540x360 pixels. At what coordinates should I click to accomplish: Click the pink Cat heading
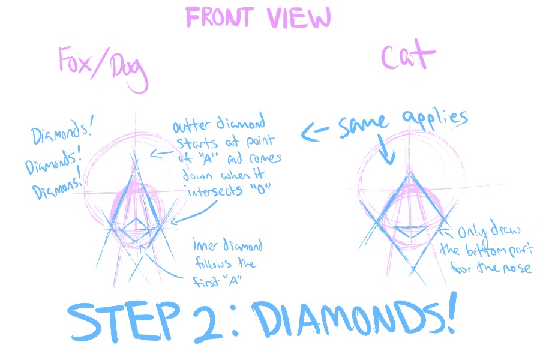coord(408,58)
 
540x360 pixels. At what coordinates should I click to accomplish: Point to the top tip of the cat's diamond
coord(410,173)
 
